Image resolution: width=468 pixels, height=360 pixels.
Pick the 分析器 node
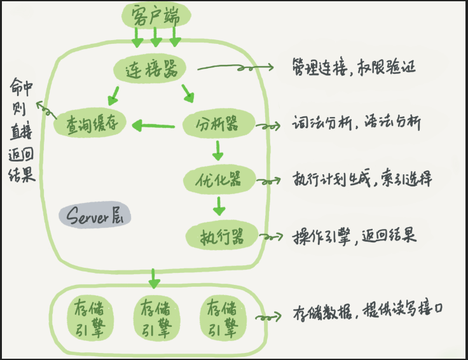[219, 123]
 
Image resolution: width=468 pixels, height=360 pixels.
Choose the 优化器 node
[219, 179]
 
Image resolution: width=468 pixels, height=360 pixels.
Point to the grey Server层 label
[94, 216]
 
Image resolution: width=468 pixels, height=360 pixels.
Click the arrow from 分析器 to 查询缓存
[154, 127]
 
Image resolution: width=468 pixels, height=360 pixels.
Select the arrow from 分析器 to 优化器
[217, 150]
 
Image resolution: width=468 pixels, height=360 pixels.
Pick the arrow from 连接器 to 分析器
[188, 95]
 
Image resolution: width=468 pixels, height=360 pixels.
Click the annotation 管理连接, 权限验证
[354, 67]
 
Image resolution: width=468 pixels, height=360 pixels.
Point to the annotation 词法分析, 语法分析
[356, 122]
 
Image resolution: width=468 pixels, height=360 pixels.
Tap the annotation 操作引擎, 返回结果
[354, 235]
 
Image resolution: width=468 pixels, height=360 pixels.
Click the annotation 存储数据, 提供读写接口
[367, 312]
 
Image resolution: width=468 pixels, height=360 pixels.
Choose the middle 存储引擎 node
[155, 317]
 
